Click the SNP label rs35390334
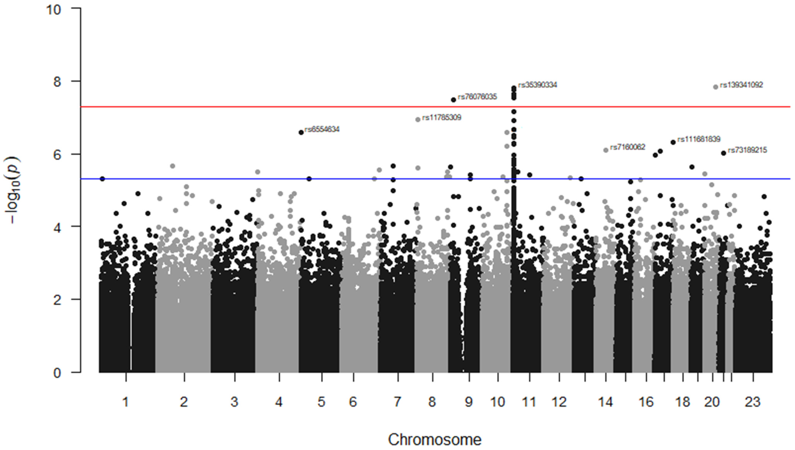(x=538, y=85)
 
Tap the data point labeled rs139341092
(x=715, y=87)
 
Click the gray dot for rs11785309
(x=418, y=120)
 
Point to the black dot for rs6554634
(x=301, y=132)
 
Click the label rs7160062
(x=628, y=147)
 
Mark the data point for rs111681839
(x=673, y=143)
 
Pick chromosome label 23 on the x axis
(x=752, y=402)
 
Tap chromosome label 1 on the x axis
(x=125, y=402)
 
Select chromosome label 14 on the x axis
(x=605, y=402)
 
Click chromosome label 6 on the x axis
(x=353, y=402)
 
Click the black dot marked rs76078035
(x=454, y=100)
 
